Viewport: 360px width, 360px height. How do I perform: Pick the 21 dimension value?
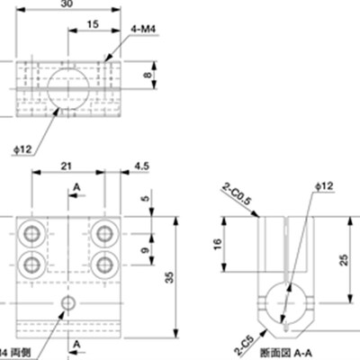point(67,166)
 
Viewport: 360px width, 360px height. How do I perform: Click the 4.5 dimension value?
point(142,166)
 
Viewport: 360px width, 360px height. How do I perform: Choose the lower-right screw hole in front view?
point(104,263)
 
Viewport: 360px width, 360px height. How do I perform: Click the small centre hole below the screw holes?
point(68,303)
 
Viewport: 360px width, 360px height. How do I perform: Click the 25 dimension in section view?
point(346,260)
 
